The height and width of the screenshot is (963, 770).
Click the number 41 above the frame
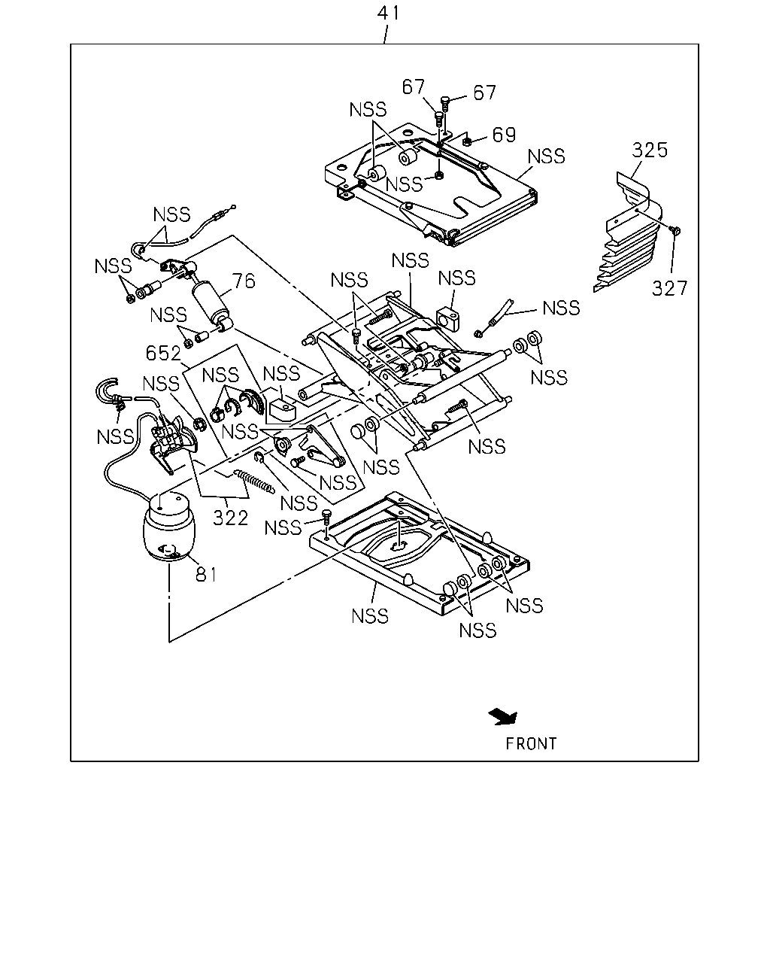pos(388,14)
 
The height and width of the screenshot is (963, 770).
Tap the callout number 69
pos(504,135)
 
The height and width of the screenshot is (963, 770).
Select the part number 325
pos(650,150)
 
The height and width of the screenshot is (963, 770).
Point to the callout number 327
pos(669,288)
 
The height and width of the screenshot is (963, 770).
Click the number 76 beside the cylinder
pos(244,281)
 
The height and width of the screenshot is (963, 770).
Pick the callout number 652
pos(163,354)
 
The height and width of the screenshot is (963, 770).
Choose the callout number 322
pos(230,518)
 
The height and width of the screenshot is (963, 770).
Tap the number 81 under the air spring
pos(206,575)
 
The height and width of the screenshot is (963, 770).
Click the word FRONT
pos(531,744)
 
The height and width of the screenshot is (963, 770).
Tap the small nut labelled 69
pos(466,142)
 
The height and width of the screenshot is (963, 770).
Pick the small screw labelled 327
pos(675,230)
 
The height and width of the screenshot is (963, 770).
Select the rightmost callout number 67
pos(485,93)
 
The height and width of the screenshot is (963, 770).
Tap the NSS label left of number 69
pos(404,184)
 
